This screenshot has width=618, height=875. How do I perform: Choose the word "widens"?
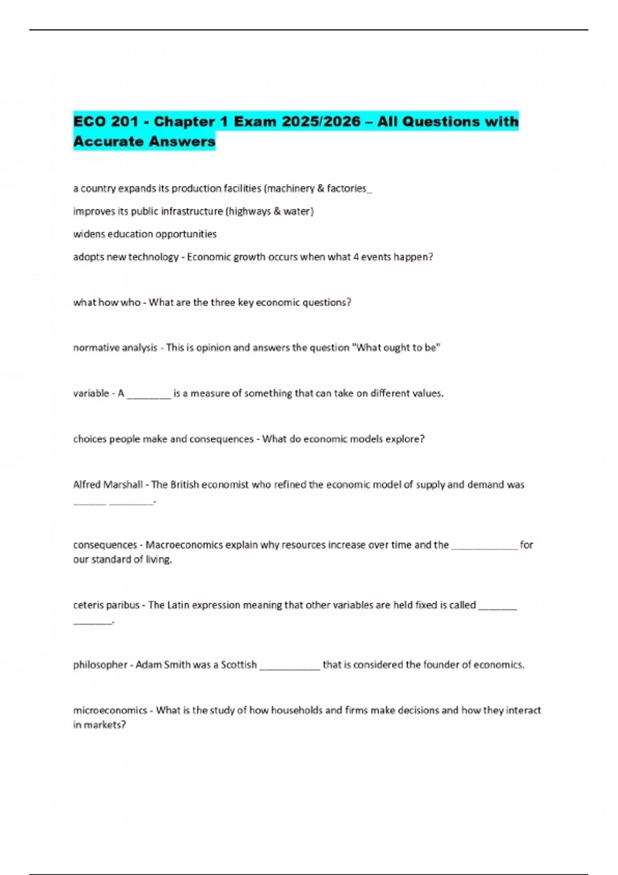tap(89, 234)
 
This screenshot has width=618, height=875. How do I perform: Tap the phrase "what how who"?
tap(107, 302)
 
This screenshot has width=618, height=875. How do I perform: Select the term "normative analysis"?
tap(115, 347)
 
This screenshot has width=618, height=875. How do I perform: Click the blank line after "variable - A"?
tap(149, 394)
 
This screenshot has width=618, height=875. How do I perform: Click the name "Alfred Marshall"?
tap(108, 484)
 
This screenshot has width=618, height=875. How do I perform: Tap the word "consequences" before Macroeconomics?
tap(105, 545)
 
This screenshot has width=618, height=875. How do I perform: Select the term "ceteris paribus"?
tap(106, 605)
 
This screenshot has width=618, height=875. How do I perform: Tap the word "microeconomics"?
tap(110, 710)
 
